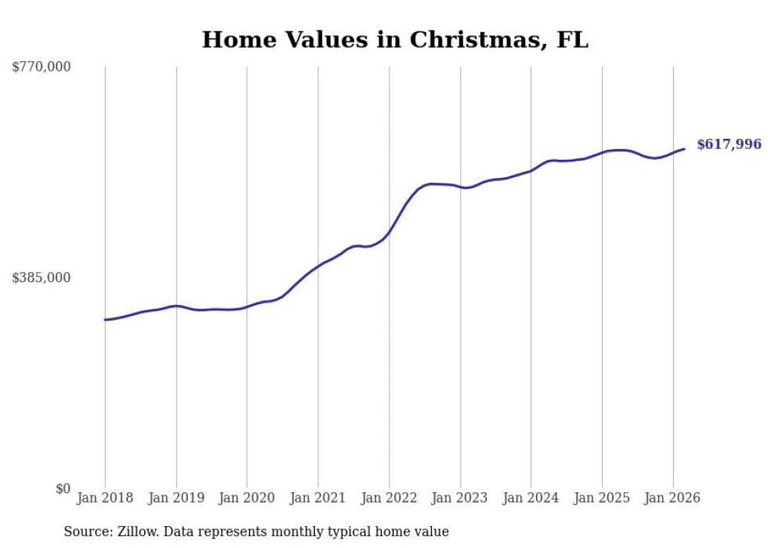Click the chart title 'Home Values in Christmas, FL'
[x=395, y=40]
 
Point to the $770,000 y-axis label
[x=42, y=67]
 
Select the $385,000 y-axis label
[x=42, y=278]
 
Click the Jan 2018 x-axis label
[x=105, y=498]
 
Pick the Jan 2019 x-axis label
[x=176, y=498]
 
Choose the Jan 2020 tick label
[x=247, y=498]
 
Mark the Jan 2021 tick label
[x=318, y=498]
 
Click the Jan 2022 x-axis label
[x=389, y=498]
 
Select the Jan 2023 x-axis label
[x=460, y=498]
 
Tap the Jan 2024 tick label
[x=531, y=498]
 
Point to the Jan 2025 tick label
[x=602, y=498]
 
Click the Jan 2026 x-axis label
[x=672, y=498]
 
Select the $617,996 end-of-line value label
[x=729, y=144]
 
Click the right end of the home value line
[x=684, y=149]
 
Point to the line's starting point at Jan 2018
[x=105, y=320]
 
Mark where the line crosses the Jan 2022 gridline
[x=389, y=231]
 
